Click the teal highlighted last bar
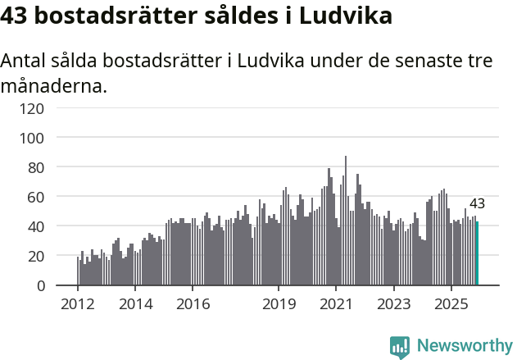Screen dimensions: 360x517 click(477, 253)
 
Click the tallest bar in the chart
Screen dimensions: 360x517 click(346, 221)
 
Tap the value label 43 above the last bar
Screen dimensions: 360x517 click(477, 204)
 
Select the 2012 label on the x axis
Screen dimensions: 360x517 click(78, 304)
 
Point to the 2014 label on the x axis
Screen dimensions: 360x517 click(135, 304)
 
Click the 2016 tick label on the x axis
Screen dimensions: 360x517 click(193, 304)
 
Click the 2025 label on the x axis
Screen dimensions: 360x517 click(451, 304)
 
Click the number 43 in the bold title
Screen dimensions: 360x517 click(17, 16)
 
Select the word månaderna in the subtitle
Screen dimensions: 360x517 click(53, 84)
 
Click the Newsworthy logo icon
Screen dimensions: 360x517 click(400, 346)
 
